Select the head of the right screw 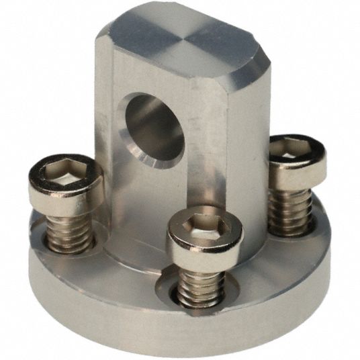298,156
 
